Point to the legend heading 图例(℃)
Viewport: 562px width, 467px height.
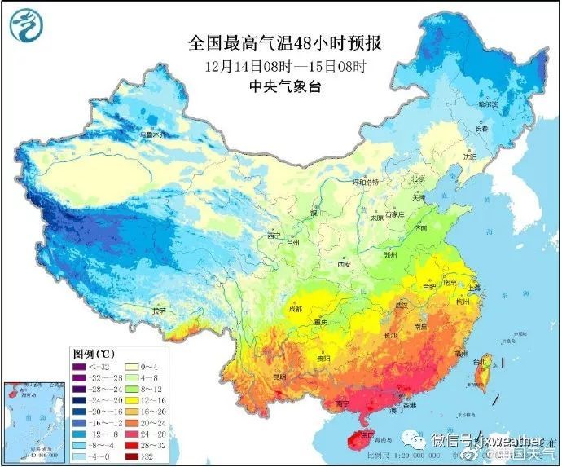click(93, 354)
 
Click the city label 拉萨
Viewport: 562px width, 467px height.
click(159, 311)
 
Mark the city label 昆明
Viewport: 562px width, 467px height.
click(279, 377)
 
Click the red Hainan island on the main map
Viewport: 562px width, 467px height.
click(359, 439)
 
